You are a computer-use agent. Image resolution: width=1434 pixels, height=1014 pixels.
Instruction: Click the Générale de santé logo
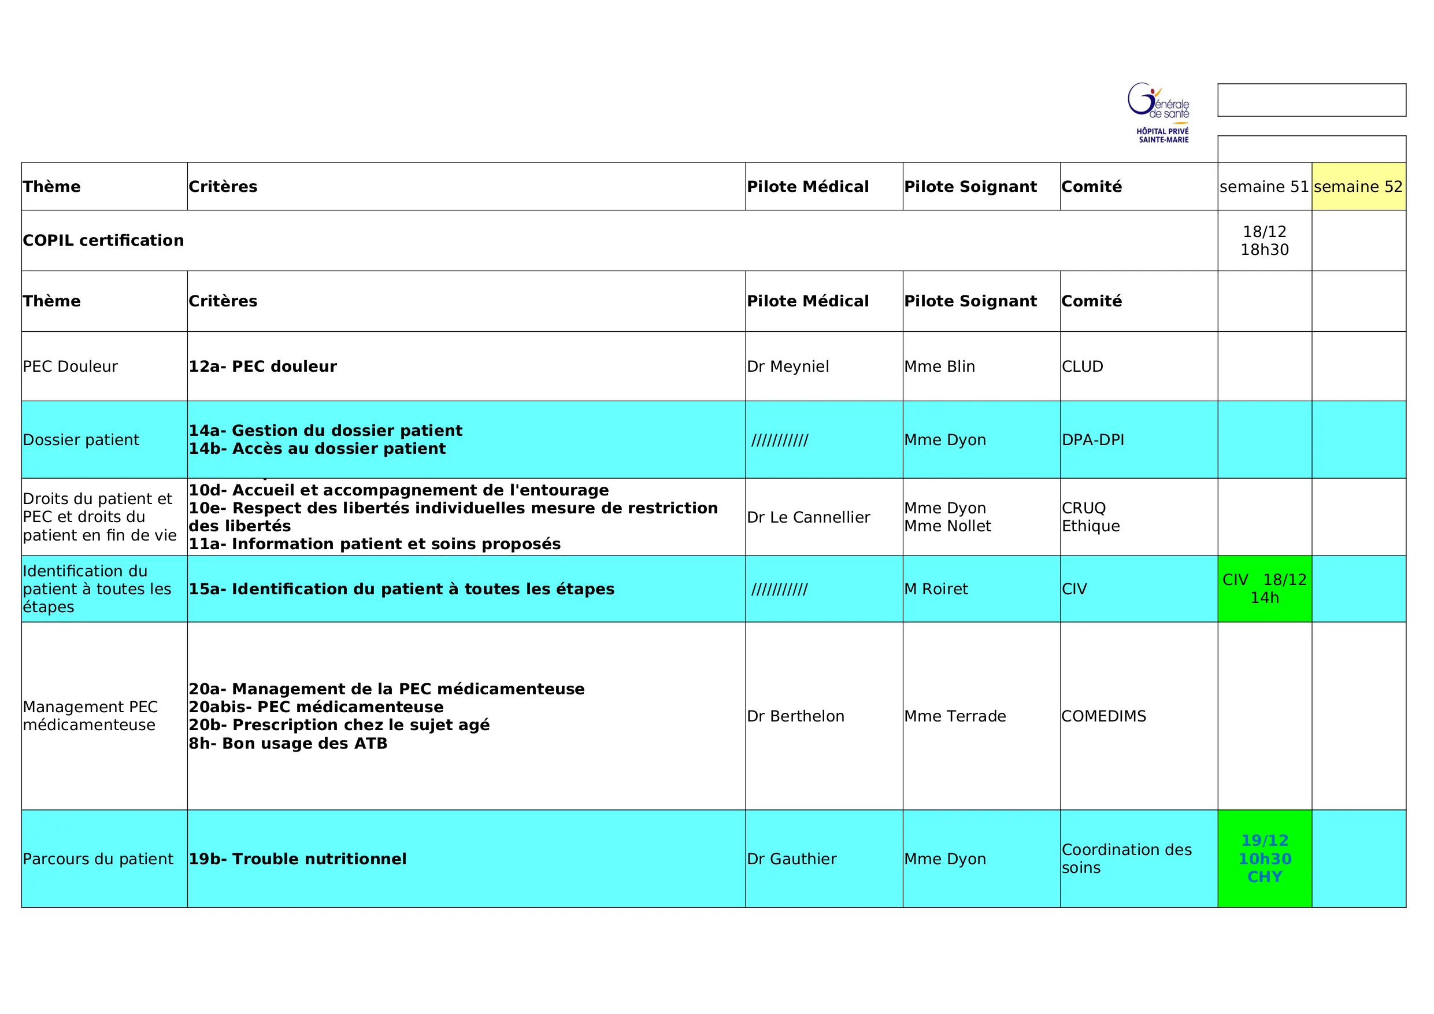(1159, 113)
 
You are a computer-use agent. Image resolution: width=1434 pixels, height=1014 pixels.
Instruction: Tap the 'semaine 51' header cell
(1263, 187)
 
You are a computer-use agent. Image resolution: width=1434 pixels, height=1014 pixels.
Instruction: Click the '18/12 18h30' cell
(1264, 240)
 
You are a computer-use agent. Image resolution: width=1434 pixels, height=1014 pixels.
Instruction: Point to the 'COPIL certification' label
(103, 240)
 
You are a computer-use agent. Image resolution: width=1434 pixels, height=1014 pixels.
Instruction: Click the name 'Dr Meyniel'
(788, 367)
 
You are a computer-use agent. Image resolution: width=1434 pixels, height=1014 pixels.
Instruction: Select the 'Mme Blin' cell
(939, 367)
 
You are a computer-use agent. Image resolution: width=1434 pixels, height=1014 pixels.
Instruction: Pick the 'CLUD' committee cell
(1083, 367)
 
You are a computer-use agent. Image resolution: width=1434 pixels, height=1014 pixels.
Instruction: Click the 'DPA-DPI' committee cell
(1092, 440)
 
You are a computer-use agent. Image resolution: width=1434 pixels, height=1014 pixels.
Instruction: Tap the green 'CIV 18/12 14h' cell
(1264, 589)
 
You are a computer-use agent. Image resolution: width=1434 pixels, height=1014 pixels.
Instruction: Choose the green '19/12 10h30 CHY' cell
(1264, 858)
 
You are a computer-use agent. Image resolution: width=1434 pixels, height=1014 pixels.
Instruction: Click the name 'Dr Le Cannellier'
(808, 517)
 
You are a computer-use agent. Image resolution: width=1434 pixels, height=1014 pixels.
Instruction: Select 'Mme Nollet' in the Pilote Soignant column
(947, 526)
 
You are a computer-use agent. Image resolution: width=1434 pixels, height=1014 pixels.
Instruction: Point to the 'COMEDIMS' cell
(1103, 716)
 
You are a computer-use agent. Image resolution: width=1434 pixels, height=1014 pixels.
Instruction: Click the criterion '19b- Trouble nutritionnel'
(297, 859)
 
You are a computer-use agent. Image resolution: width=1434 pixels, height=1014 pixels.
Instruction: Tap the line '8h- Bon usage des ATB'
(288, 743)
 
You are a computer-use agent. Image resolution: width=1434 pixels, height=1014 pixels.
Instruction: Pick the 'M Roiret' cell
(936, 589)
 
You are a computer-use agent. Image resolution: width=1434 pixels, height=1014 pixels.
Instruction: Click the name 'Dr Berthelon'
(795, 716)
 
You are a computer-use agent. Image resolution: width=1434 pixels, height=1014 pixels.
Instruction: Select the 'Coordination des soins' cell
(1126, 858)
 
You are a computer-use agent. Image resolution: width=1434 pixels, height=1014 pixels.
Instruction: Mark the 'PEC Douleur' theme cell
(70, 367)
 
